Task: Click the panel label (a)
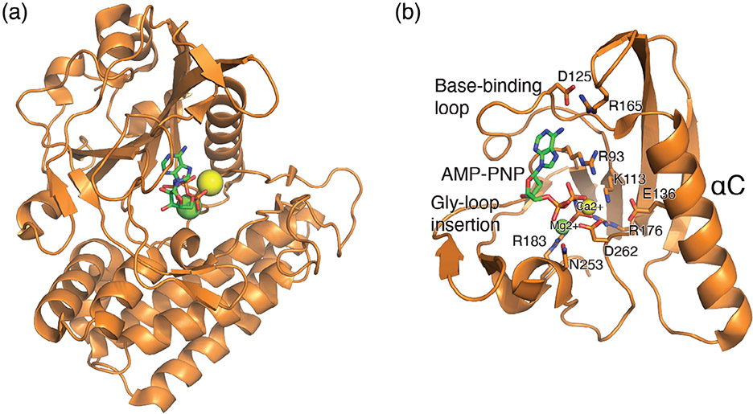point(17,15)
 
